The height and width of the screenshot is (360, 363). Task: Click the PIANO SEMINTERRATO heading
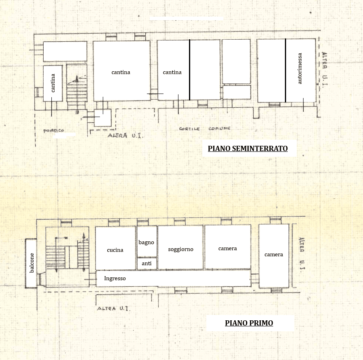248,148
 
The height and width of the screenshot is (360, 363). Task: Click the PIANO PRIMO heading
249,323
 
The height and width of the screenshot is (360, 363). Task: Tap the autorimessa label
299,68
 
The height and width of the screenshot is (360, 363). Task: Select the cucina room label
115,250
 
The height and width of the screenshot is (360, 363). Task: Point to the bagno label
146,243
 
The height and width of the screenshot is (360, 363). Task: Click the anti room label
146,263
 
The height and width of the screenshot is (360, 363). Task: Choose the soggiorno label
180,249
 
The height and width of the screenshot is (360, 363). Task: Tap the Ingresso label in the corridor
115,279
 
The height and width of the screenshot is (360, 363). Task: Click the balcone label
32,263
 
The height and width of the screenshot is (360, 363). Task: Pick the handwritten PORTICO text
54,131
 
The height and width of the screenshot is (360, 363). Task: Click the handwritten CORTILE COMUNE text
205,129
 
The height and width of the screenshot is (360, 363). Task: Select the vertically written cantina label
53,83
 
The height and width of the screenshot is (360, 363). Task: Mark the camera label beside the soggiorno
227,249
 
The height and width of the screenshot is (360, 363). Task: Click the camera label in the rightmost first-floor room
274,255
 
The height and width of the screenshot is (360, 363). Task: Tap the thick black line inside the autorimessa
285,70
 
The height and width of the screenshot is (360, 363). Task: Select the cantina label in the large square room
121,72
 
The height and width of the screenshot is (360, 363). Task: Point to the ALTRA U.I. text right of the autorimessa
325,68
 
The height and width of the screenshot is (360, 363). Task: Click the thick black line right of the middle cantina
190,70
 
